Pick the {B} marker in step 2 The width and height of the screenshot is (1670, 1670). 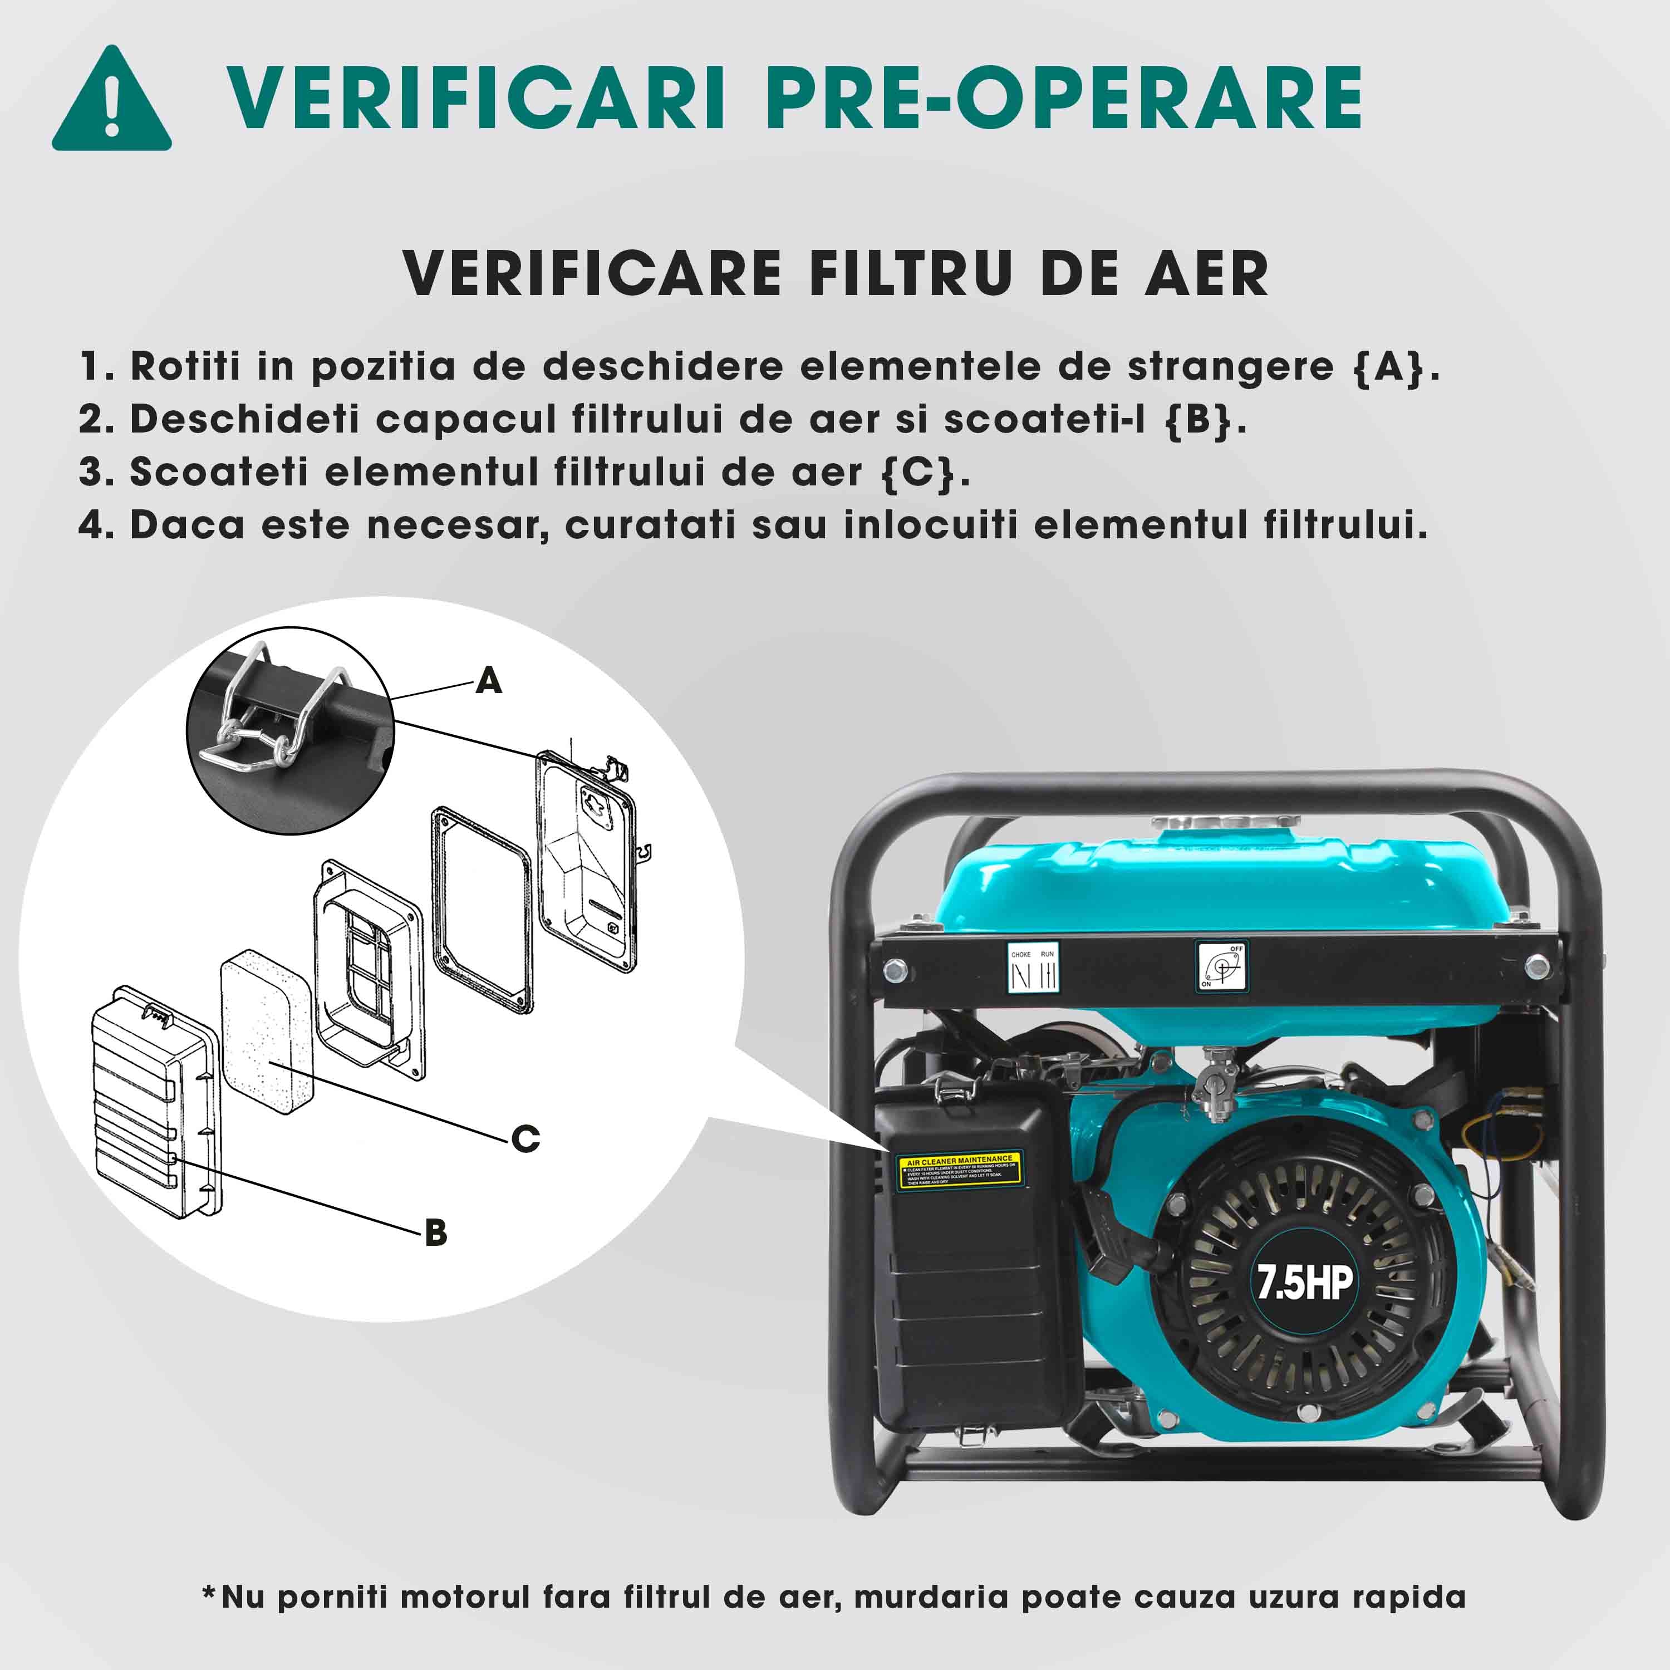click(1197, 420)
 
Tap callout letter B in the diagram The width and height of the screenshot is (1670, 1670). click(436, 1232)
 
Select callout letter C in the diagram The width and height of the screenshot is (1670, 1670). click(525, 1138)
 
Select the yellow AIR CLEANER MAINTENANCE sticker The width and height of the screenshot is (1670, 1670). click(960, 1168)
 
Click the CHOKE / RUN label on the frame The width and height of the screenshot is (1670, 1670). click(1034, 969)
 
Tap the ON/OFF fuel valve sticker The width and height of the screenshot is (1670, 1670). click(1221, 965)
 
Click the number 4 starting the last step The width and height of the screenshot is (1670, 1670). click(91, 525)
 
